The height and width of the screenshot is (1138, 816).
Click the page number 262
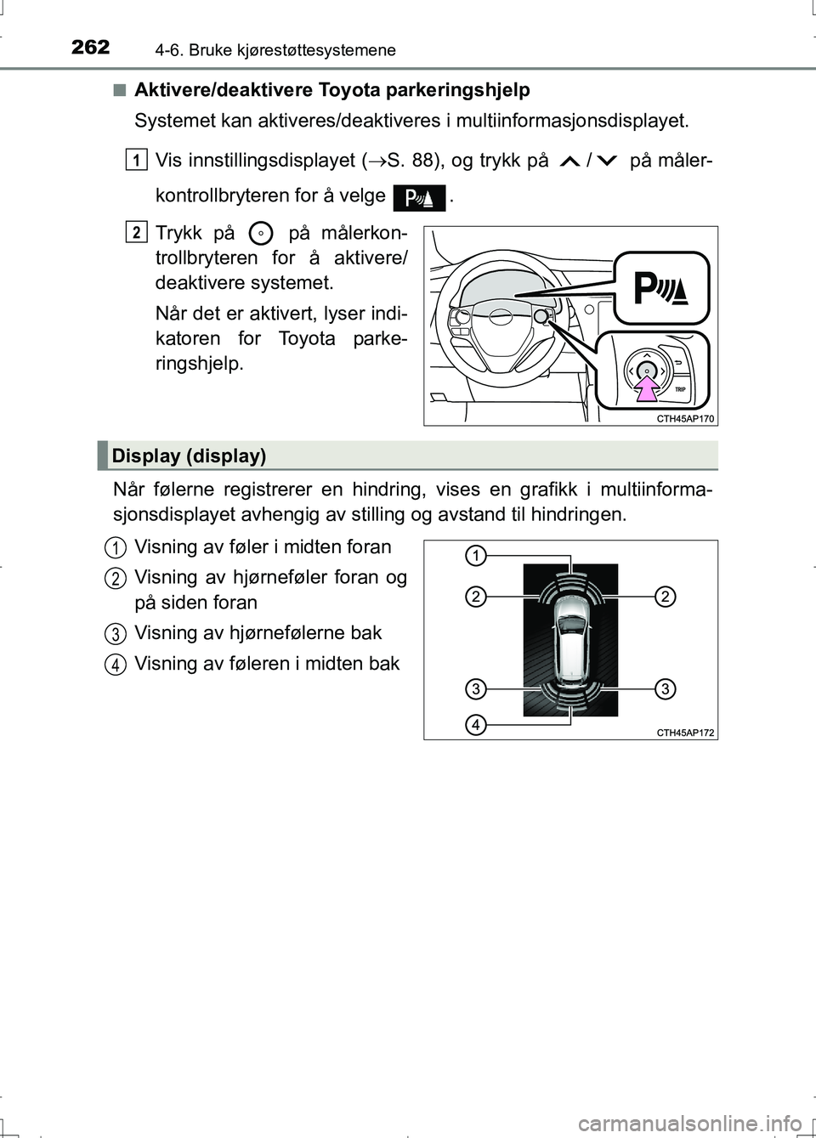(90, 47)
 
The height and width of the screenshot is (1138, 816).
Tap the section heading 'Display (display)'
(189, 456)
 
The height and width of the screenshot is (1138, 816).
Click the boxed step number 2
(137, 231)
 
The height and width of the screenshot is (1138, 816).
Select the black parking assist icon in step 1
(420, 197)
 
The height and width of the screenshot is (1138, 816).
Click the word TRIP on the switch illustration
(680, 388)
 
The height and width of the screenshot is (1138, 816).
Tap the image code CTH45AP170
(686, 418)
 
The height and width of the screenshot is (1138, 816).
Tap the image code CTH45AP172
(686, 733)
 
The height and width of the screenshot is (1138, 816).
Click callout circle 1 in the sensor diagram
(475, 556)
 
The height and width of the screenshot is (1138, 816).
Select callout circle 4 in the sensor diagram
(475, 725)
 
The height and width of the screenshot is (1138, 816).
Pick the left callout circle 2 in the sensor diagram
(475, 597)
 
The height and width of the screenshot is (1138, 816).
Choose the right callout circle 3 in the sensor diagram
(666, 688)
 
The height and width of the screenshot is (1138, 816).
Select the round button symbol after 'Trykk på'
(263, 232)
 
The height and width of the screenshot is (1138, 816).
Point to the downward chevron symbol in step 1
(609, 161)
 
